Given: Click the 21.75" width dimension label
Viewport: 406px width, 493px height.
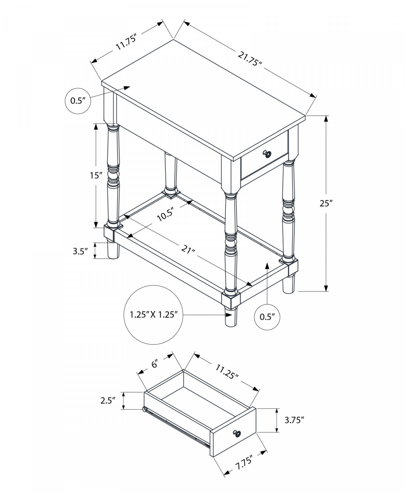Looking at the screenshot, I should pos(250,59).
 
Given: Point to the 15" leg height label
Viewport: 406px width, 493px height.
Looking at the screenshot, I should pos(96,176).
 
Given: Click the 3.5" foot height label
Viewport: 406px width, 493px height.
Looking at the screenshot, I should pos(80,251).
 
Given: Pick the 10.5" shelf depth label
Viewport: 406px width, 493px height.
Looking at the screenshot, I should pos(165,216).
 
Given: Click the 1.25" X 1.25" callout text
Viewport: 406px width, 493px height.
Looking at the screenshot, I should pos(154,315).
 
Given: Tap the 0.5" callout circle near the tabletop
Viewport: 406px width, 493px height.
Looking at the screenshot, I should pos(78,101).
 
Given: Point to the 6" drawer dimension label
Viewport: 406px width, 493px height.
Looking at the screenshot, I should pos(155,364).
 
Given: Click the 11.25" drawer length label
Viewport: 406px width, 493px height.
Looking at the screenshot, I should pos(227,372).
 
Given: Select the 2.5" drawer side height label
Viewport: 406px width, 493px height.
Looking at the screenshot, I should pos(109,400).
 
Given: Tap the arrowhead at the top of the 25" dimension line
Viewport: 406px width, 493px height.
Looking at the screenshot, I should pos(326,119).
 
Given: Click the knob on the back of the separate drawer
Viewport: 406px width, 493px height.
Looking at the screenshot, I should pos(144,409).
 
